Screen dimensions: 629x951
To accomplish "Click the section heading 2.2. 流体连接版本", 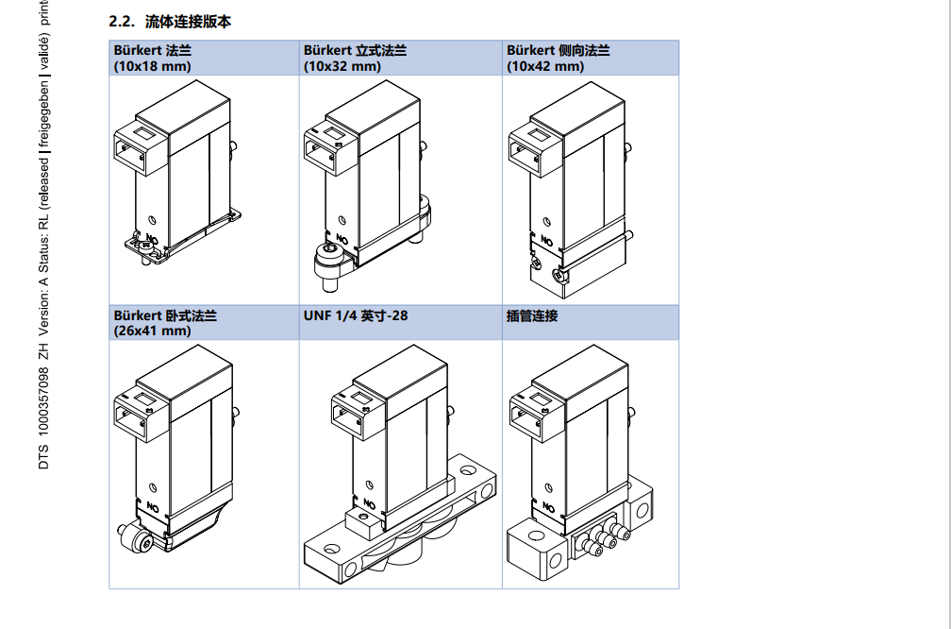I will (x=170, y=22).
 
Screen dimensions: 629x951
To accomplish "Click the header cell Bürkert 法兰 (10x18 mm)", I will (x=153, y=58).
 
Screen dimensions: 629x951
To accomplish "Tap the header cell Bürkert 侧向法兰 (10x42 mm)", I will (x=559, y=58).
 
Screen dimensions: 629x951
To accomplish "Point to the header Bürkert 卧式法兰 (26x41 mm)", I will (x=166, y=323).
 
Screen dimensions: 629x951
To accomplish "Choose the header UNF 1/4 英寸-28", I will (x=356, y=315).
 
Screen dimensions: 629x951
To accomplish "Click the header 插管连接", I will (x=532, y=315).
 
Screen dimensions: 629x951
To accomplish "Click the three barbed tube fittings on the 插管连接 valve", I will (x=603, y=540).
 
